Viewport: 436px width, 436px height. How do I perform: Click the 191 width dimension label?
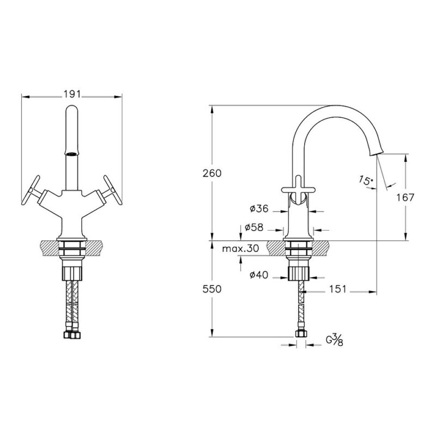pos(72,94)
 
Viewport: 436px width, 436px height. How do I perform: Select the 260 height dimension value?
pos(212,173)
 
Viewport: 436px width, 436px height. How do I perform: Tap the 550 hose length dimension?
pos(212,289)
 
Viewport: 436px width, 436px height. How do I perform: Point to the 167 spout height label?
pos(405,197)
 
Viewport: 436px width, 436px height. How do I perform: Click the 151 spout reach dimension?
pos(338,289)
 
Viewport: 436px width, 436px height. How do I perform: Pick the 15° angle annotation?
pos(366,180)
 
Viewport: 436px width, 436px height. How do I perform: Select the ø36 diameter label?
pos(259,208)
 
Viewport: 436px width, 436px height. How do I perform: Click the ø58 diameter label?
pos(254,227)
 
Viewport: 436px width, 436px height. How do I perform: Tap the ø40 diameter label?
pos(259,275)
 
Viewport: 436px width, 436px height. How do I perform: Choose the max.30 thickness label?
pos(240,249)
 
